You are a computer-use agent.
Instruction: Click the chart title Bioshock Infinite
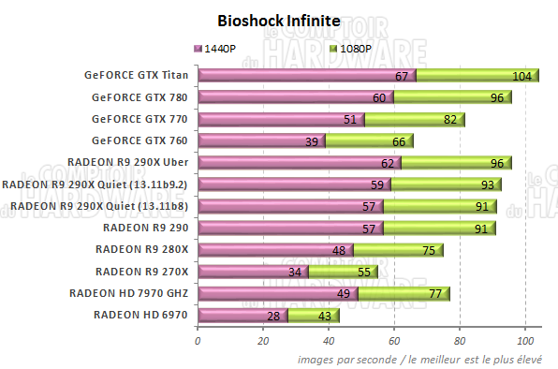click(x=278, y=20)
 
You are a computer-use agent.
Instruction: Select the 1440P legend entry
click(x=220, y=48)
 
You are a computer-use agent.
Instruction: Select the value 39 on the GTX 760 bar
click(x=312, y=140)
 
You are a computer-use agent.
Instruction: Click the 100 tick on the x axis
click(x=525, y=341)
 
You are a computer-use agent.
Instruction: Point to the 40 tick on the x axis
click(x=329, y=341)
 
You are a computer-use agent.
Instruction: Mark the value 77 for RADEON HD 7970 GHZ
click(x=436, y=294)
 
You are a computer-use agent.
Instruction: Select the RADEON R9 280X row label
click(x=142, y=249)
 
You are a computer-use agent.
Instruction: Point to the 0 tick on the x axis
click(x=198, y=341)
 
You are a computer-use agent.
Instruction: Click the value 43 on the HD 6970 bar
click(x=325, y=316)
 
